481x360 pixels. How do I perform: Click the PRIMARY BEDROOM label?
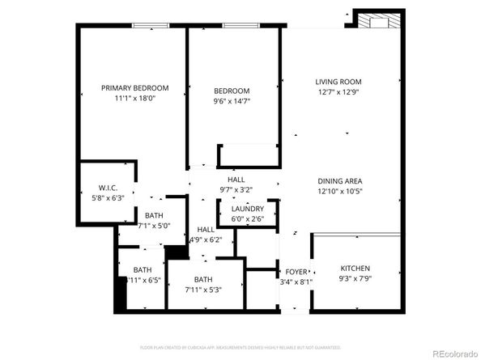(x=134, y=88)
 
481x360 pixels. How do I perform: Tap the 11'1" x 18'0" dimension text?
(x=134, y=100)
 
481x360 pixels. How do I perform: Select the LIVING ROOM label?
(x=338, y=82)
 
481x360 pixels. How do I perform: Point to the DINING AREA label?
(x=339, y=180)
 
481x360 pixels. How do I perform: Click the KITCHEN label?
(x=355, y=269)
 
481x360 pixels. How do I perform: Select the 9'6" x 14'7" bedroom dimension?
(x=232, y=102)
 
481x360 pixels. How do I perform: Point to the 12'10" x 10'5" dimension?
(x=339, y=192)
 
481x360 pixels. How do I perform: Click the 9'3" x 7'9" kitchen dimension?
(x=355, y=280)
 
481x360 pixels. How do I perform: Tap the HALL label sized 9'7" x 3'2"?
(x=236, y=180)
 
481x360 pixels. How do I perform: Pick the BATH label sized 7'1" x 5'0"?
(x=154, y=215)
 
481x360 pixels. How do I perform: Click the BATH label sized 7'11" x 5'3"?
(x=202, y=279)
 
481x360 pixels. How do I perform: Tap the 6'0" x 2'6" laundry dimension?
(x=247, y=219)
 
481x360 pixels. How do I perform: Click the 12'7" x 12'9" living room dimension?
(x=338, y=93)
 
